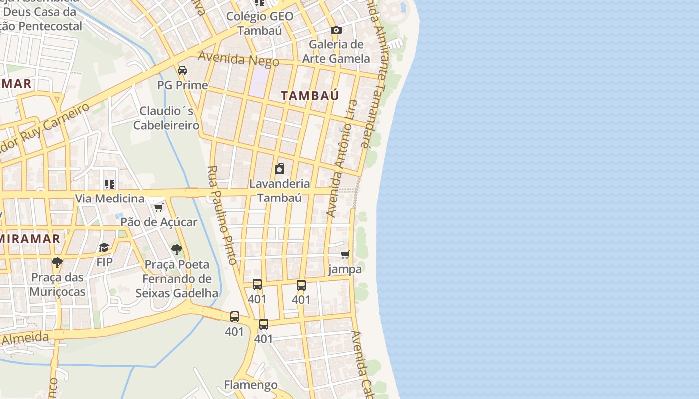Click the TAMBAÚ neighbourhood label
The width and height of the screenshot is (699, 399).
tap(310, 95)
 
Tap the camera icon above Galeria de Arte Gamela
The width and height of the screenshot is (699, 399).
tap(336, 30)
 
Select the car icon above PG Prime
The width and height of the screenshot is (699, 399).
tap(182, 70)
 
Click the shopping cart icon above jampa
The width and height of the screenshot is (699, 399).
tap(345, 255)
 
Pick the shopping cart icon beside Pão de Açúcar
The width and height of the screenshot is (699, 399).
tap(158, 207)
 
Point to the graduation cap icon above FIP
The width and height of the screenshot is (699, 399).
tap(104, 247)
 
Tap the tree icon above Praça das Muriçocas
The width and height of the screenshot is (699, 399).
tap(57, 262)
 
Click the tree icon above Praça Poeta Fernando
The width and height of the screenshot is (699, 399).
tap(176, 250)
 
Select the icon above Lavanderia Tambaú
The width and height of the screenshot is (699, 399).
tap(279, 169)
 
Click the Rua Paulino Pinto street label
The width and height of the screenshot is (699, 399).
tap(222, 215)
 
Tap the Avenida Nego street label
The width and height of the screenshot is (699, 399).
tap(238, 59)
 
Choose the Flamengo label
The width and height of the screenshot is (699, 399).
tap(251, 385)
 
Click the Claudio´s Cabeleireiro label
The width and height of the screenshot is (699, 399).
tap(167, 118)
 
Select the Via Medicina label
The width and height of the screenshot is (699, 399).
tap(110, 199)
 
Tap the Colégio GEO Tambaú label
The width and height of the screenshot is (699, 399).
tap(260, 23)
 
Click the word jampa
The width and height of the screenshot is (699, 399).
tap(345, 269)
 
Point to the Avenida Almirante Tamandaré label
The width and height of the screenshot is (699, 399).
tap(375, 75)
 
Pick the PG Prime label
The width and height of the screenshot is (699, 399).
tap(183, 85)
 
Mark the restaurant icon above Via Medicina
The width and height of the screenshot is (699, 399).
tap(110, 184)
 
